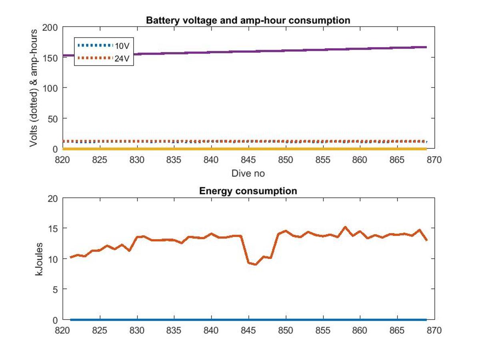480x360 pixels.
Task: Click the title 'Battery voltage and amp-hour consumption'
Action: coord(248,20)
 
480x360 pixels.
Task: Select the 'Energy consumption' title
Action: coord(248,191)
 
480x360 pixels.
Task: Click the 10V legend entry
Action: coord(104,46)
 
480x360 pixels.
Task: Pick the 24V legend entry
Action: coord(104,58)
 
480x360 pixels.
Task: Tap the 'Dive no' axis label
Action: coord(248,173)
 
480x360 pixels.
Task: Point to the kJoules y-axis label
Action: coord(39,259)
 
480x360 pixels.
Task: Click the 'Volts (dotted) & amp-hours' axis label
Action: coord(33,88)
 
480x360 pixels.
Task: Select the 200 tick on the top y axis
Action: coord(50,28)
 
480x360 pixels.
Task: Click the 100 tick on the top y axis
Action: coord(50,88)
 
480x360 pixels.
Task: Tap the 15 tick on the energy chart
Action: coord(53,229)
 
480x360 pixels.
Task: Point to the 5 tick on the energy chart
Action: coord(55,290)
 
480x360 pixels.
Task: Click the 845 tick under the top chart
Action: coord(248,160)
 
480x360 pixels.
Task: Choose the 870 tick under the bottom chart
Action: coord(434,330)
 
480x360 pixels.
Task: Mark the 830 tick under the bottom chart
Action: coord(137,330)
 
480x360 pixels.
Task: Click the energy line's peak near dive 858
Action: coord(345,227)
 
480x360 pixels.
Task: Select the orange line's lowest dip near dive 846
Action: coord(256,264)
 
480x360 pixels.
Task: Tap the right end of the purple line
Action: coord(426,47)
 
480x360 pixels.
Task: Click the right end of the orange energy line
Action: coord(427,240)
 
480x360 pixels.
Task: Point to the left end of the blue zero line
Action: coord(71,320)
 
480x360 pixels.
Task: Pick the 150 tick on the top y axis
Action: coord(50,58)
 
